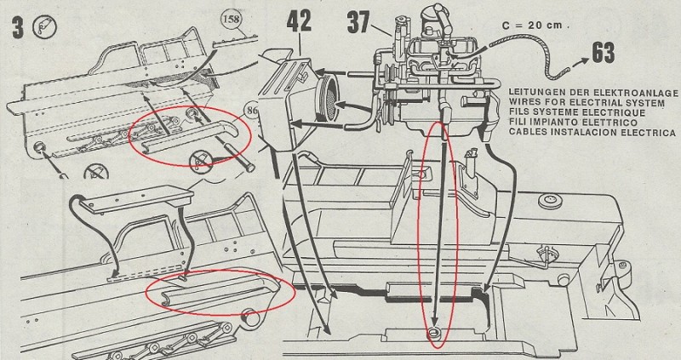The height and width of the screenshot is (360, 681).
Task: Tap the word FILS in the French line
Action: point(519,111)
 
